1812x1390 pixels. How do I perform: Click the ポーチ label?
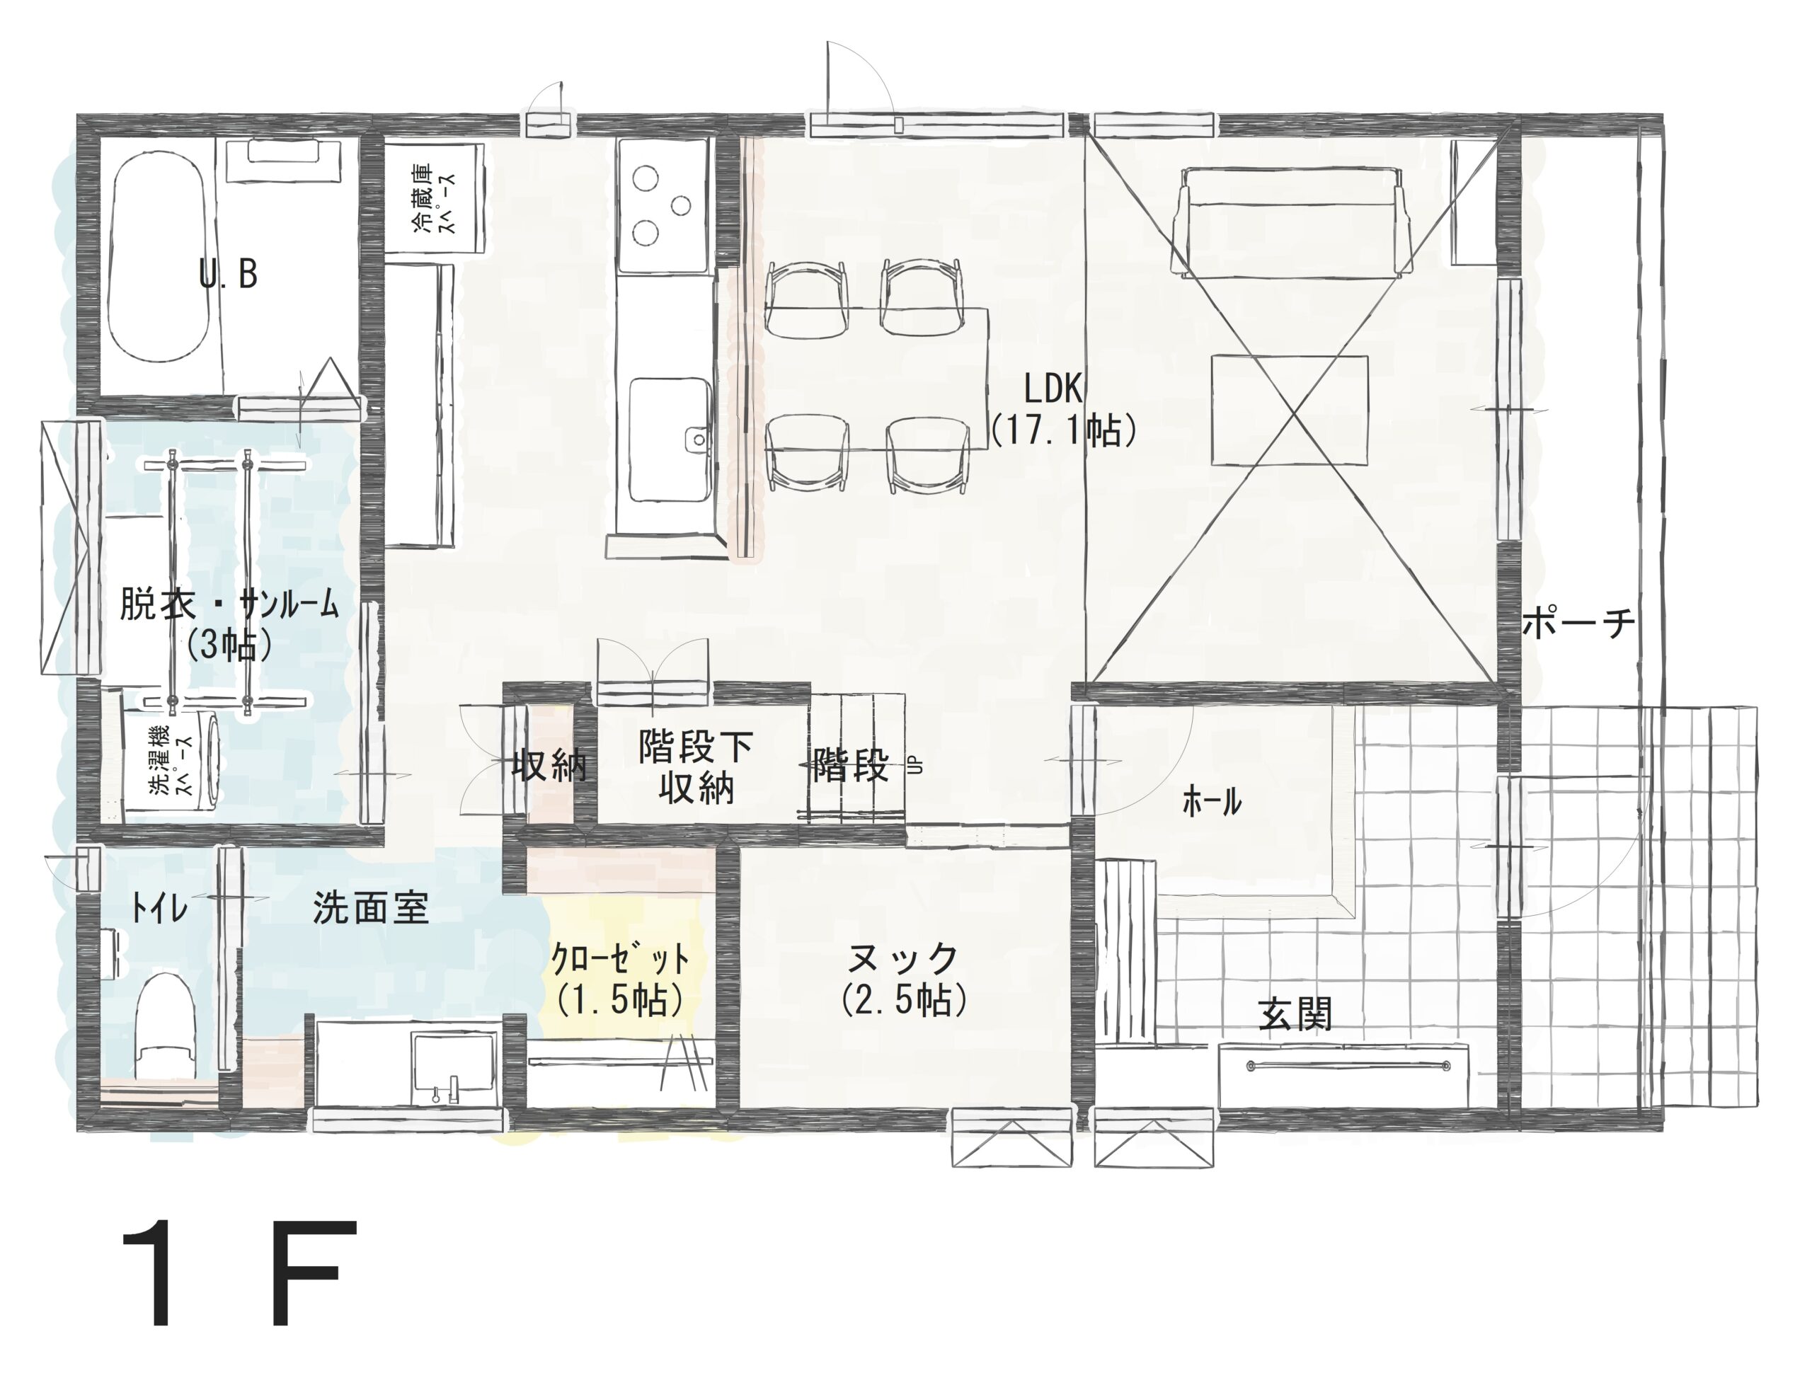point(1578,621)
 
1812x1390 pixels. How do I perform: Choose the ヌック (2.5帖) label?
point(903,978)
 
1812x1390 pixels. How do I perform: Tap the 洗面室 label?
point(371,909)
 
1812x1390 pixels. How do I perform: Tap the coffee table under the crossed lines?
point(1289,410)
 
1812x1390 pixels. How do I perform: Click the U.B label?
point(229,274)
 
